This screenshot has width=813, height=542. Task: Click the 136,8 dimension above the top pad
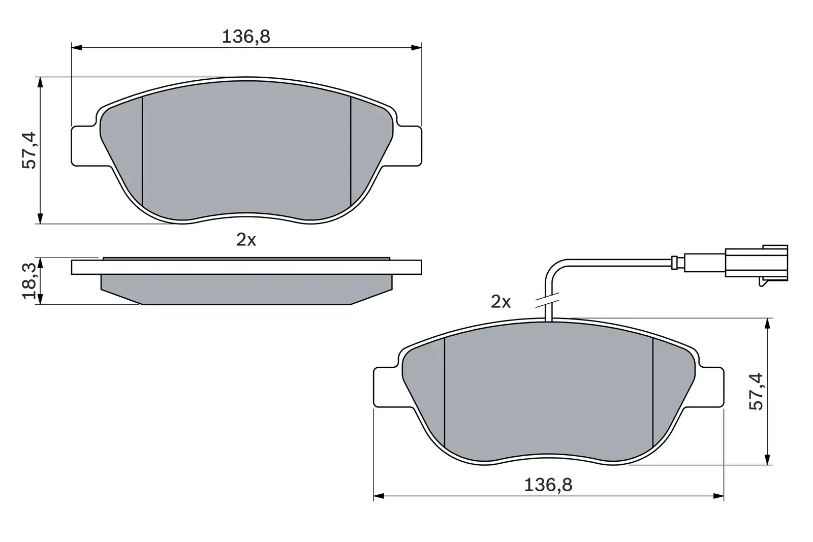[x=246, y=37]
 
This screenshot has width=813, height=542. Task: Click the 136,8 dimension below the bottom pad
[x=548, y=485]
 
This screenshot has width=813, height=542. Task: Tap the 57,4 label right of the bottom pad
[x=756, y=391]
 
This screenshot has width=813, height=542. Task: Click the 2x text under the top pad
[x=246, y=240]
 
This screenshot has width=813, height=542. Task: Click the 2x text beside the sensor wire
[x=501, y=302]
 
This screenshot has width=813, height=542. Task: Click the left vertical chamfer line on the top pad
[x=143, y=152]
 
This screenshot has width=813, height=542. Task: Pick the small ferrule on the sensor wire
[x=674, y=262]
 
